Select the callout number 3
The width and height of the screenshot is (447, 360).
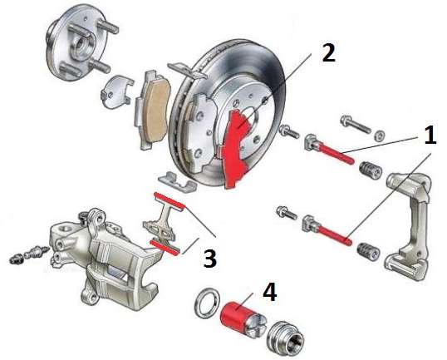click(210, 259)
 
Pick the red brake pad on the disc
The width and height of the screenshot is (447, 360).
click(236, 149)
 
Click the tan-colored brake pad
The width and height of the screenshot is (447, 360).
click(154, 110)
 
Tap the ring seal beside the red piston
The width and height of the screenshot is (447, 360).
click(208, 304)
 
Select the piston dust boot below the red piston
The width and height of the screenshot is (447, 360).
click(286, 339)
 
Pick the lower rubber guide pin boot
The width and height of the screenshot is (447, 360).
click(369, 252)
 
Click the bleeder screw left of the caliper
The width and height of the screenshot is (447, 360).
click(31, 254)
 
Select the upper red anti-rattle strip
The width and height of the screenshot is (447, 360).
click(169, 202)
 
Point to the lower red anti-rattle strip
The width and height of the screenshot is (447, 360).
click(165, 247)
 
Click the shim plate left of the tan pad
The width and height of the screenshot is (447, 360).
click(117, 91)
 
